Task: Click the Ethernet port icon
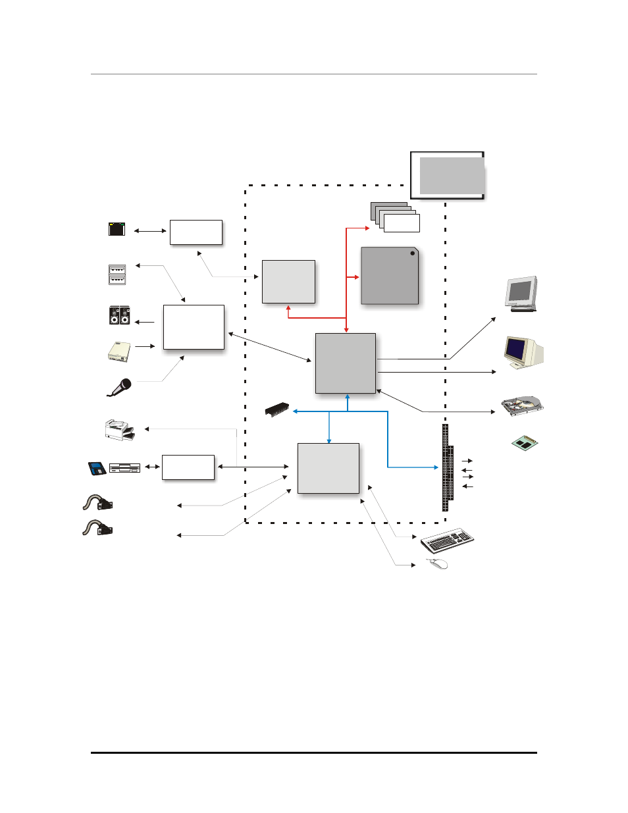click(117, 229)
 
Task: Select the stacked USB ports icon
click(117, 275)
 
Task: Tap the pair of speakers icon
click(119, 315)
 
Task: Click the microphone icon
click(120, 387)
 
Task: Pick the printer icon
click(119, 430)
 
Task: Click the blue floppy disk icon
click(97, 469)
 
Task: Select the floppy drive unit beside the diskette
click(124, 469)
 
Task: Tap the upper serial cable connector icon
click(97, 503)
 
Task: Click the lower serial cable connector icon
click(97, 528)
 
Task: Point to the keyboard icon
click(448, 540)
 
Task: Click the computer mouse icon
click(437, 564)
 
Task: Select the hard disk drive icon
click(522, 406)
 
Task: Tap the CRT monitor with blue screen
click(523, 352)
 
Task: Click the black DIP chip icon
click(277, 409)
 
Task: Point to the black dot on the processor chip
click(413, 253)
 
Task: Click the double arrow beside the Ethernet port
click(150, 231)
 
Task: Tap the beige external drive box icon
click(119, 352)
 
